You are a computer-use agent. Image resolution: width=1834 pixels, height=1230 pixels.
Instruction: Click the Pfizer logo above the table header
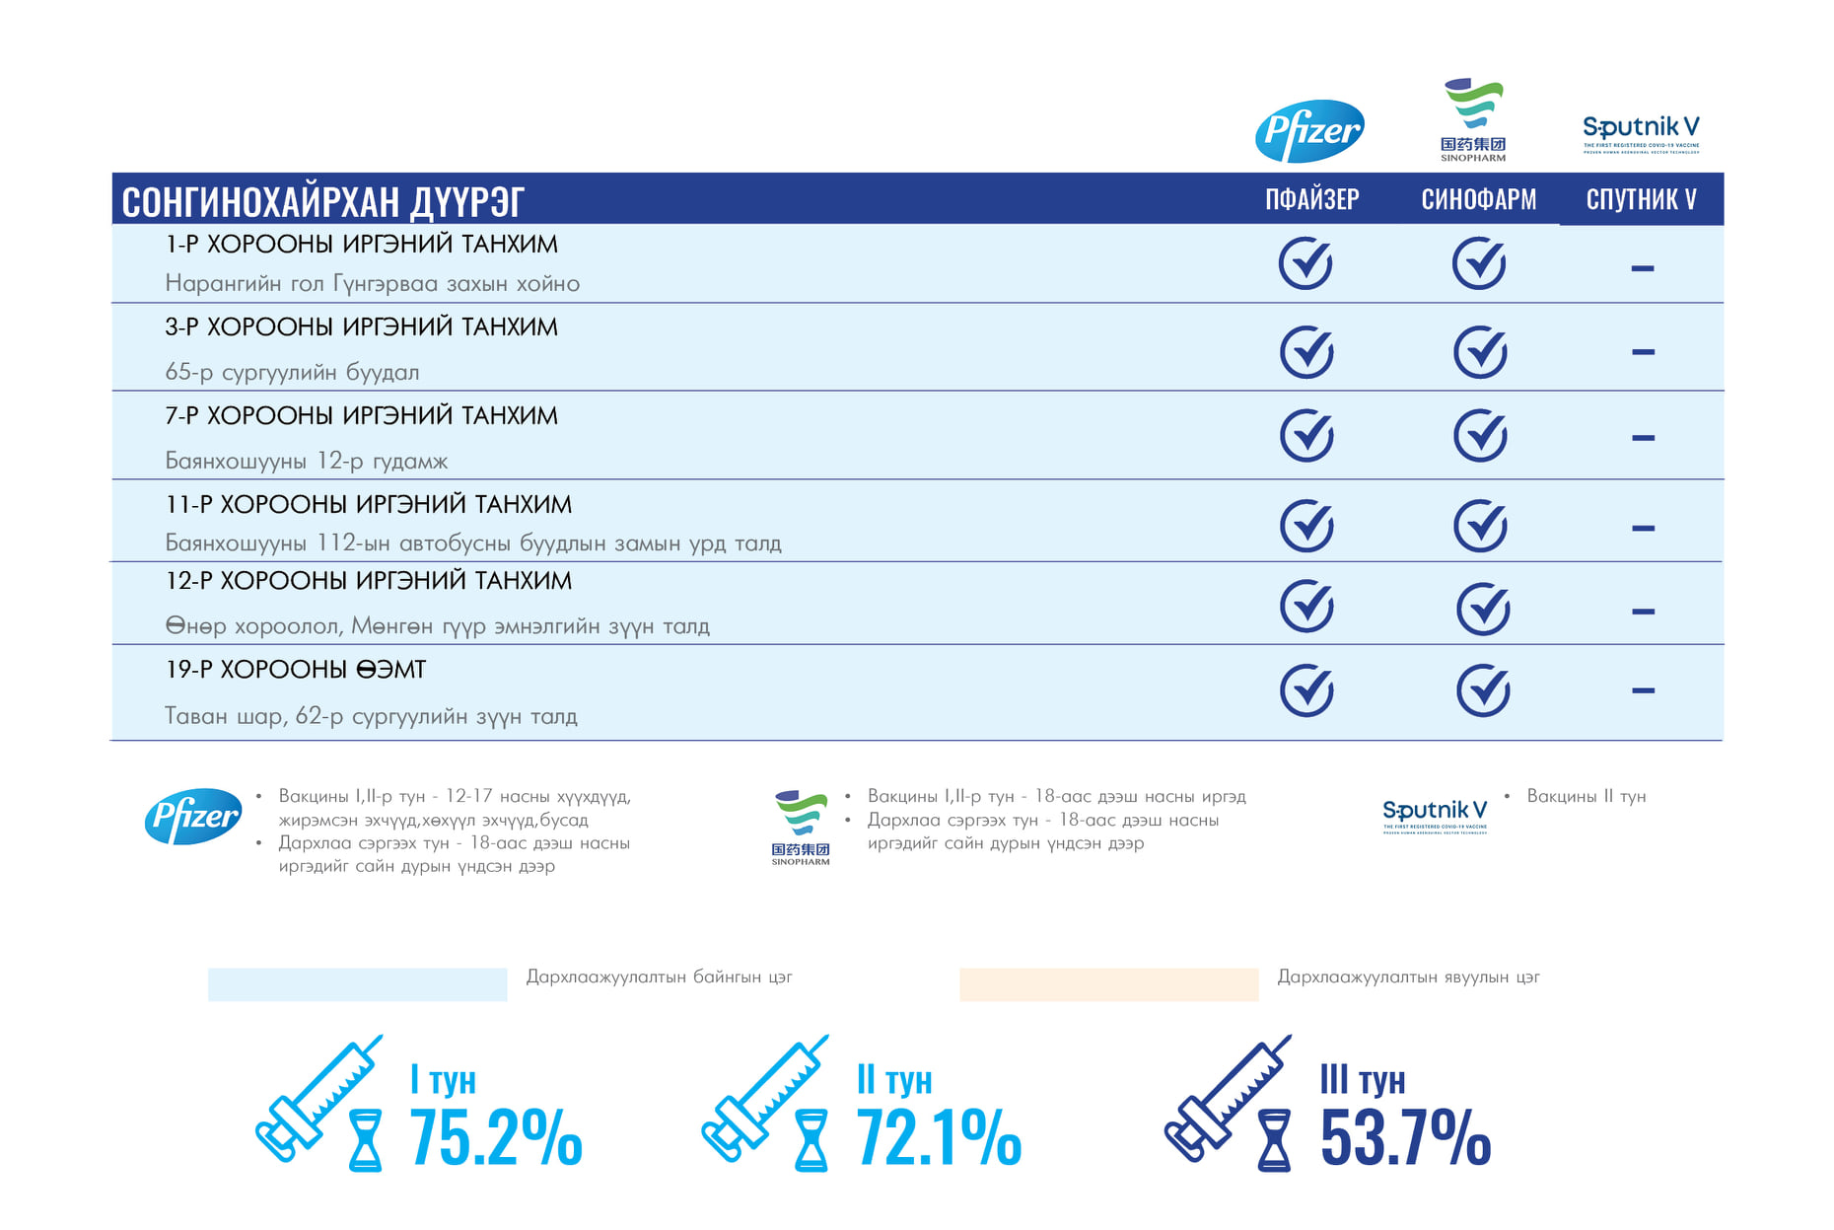[x=1309, y=130]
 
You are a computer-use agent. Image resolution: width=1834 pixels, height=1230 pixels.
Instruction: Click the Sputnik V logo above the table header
[x=1641, y=133]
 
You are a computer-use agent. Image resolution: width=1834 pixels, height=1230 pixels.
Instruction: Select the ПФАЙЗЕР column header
[x=1311, y=199]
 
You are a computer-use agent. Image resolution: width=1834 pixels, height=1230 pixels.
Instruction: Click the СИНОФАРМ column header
[x=1478, y=199]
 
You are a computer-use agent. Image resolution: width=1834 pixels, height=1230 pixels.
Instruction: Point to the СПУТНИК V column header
[x=1641, y=199]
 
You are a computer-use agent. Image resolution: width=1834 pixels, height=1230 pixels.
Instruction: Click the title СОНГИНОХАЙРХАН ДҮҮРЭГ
[x=322, y=201]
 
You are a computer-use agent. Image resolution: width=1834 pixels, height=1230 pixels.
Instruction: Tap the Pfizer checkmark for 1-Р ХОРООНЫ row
[x=1305, y=263]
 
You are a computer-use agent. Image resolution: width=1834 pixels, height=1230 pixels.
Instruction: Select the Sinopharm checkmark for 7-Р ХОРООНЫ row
[x=1480, y=436]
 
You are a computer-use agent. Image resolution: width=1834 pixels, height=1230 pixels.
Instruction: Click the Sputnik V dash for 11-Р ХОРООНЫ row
[x=1643, y=529]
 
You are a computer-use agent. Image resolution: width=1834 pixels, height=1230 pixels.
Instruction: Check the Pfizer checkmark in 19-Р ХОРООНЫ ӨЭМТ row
[x=1306, y=690]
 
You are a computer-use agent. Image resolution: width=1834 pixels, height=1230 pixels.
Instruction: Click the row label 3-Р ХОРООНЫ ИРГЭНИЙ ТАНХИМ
[x=361, y=327]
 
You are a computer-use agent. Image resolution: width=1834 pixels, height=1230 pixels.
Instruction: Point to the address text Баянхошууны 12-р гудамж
[x=306, y=461]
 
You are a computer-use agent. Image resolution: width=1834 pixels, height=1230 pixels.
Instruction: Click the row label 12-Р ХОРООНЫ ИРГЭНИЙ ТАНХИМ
[x=368, y=581]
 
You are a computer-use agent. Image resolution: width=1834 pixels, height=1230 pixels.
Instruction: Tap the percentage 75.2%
[x=495, y=1137]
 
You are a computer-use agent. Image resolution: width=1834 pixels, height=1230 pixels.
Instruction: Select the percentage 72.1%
[x=938, y=1137]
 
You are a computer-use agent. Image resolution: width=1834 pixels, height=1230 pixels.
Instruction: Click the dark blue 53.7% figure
[x=1405, y=1137]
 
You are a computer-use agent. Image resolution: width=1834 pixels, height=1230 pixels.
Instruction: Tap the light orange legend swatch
[x=1108, y=984]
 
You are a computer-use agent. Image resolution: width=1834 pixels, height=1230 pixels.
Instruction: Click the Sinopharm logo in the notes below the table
[x=801, y=827]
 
